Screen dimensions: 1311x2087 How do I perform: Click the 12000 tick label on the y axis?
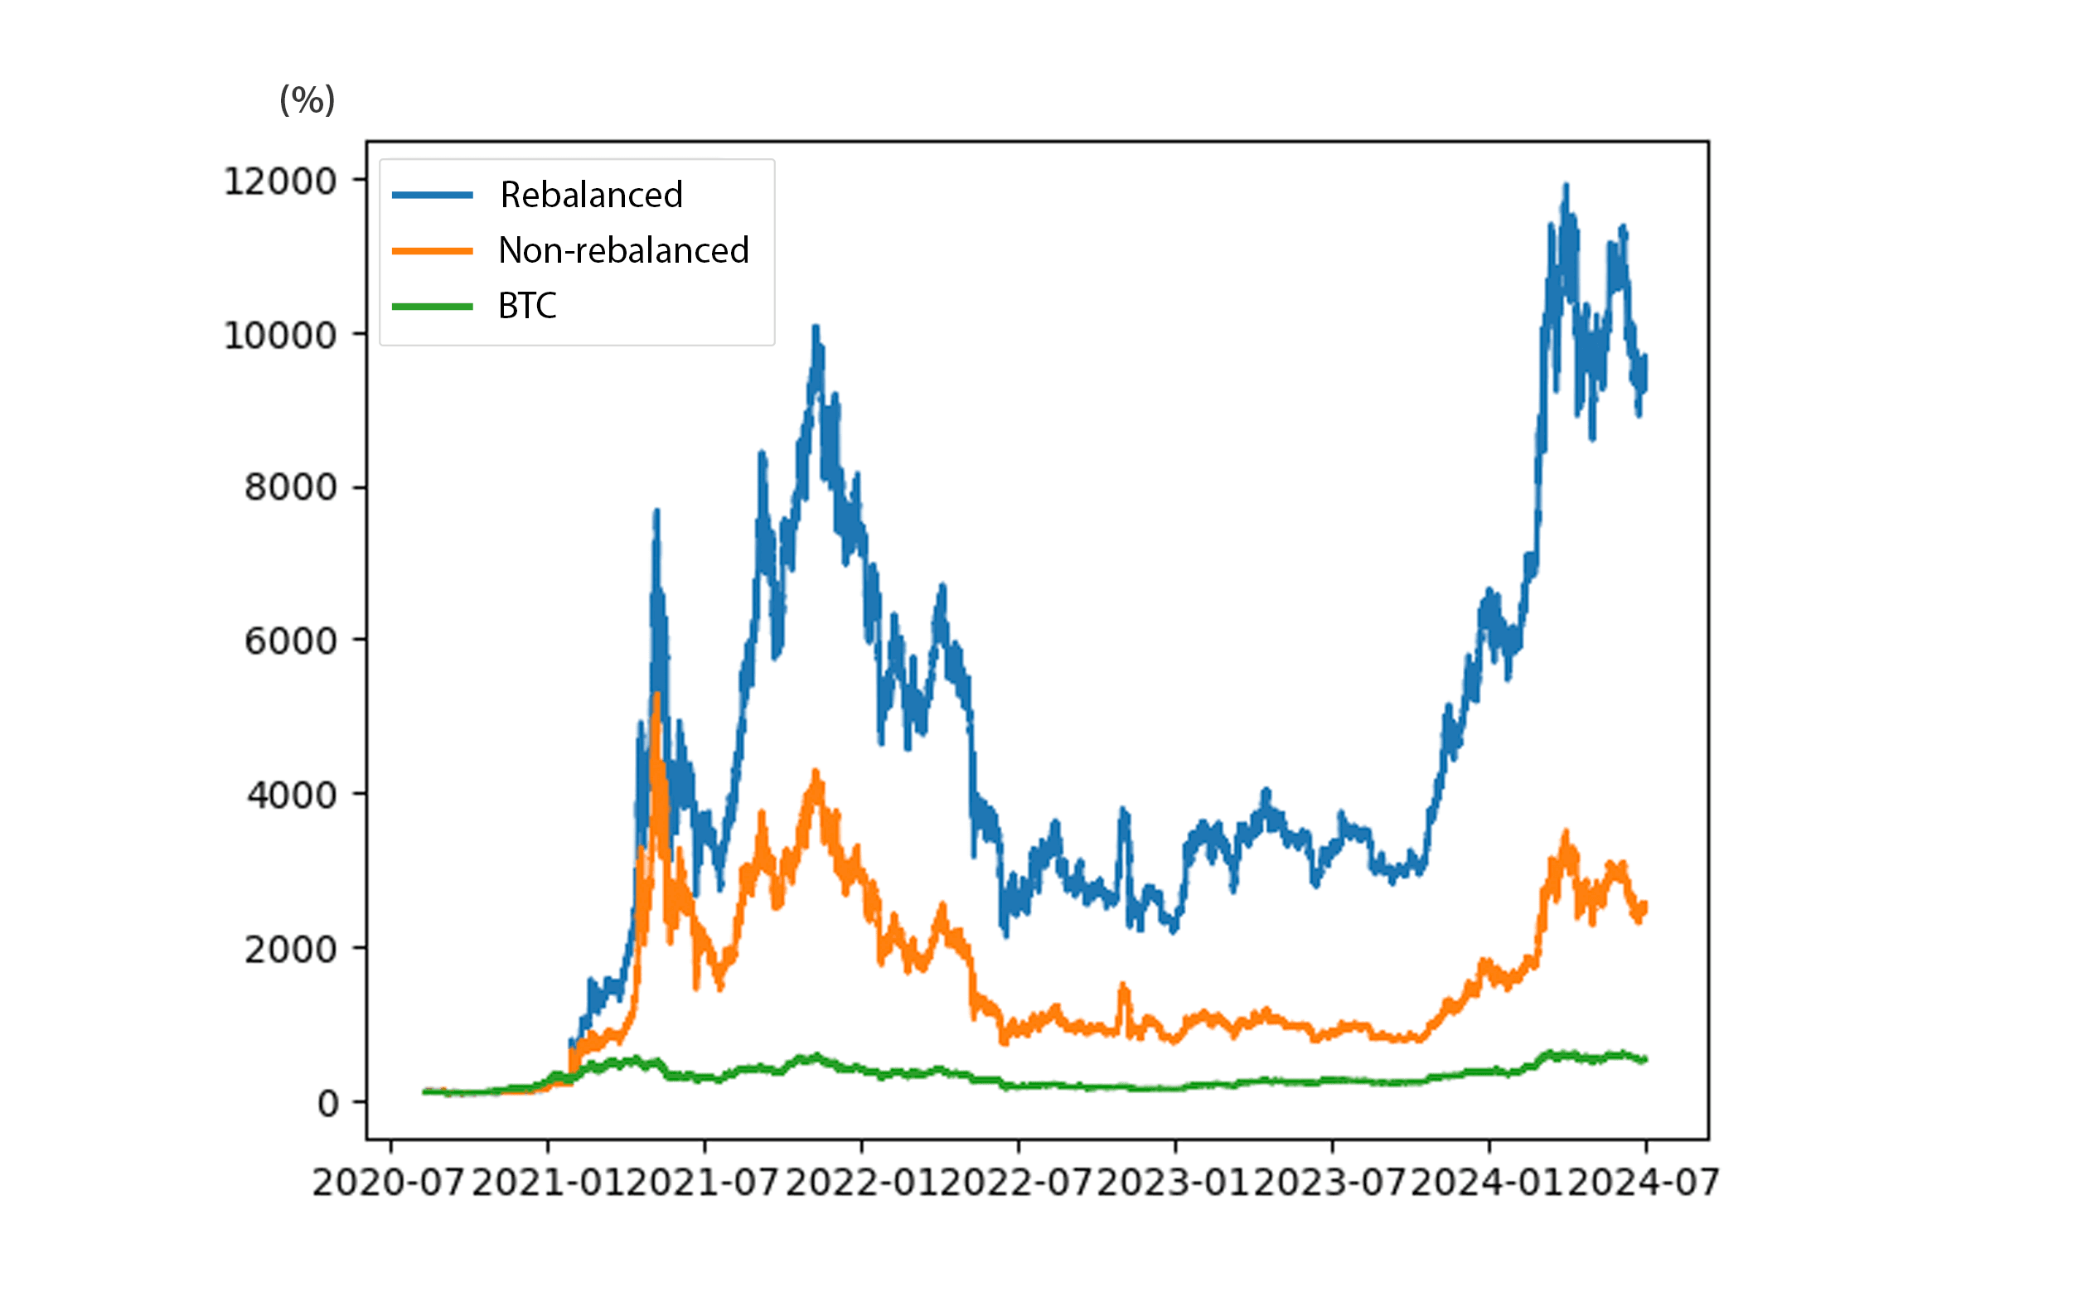pyautogui.click(x=280, y=182)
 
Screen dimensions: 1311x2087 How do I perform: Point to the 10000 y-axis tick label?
pyautogui.click(x=280, y=336)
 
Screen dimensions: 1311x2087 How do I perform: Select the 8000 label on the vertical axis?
pyautogui.click(x=290, y=488)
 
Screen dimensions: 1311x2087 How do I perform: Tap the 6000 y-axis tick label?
pyautogui.click(x=290, y=641)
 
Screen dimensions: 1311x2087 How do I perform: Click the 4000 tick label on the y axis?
pyautogui.click(x=291, y=795)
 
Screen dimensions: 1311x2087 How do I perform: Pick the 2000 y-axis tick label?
pyautogui.click(x=290, y=950)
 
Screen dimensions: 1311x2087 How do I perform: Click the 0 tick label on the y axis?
pyautogui.click(x=327, y=1104)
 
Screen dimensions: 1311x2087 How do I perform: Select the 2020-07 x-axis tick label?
pyautogui.click(x=388, y=1183)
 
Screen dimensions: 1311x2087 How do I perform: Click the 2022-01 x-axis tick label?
pyautogui.click(x=860, y=1183)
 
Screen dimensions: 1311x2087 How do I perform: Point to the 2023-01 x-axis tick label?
pyautogui.click(x=1174, y=1183)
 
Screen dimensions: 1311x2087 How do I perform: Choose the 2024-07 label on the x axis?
pyautogui.click(x=1644, y=1183)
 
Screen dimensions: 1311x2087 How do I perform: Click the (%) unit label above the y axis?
pyautogui.click(x=307, y=100)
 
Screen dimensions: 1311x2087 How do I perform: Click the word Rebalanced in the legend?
pyautogui.click(x=591, y=195)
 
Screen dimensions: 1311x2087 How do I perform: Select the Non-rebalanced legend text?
pyautogui.click(x=623, y=250)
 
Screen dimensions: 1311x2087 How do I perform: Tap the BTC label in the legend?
pyautogui.click(x=527, y=306)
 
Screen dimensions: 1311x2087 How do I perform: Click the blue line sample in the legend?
pyautogui.click(x=432, y=195)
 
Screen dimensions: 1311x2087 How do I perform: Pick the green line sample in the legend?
pyautogui.click(x=432, y=306)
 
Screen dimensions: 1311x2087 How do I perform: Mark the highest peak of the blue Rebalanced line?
pyautogui.click(x=1565, y=186)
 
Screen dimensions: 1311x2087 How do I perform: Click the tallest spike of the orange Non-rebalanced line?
pyautogui.click(x=657, y=695)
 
